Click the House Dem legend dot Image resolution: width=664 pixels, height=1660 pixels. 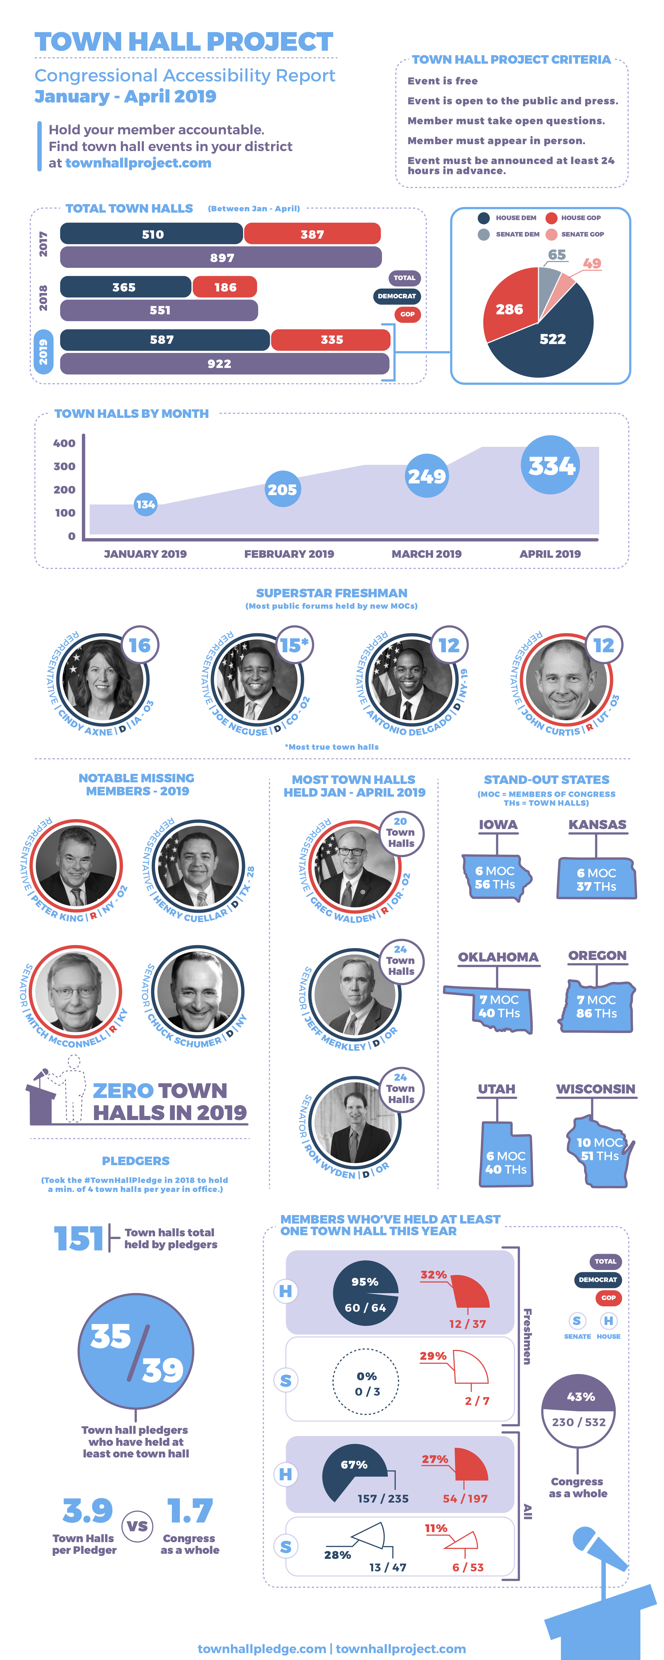coord(483,218)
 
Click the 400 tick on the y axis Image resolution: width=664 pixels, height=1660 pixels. coord(65,443)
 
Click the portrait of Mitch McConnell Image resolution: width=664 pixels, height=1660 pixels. coord(75,991)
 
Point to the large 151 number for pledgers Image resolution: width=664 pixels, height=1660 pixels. coord(78,1238)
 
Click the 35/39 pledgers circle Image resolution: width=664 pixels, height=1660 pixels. coord(135,1351)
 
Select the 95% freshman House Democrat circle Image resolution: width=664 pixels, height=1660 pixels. coord(365,1293)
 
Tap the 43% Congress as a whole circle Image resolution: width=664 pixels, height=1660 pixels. coord(578,1409)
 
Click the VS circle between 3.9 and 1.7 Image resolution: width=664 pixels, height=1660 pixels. coord(137,1526)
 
